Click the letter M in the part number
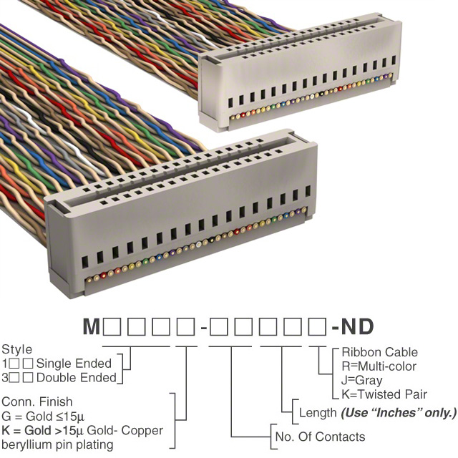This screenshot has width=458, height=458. pyautogui.click(x=92, y=326)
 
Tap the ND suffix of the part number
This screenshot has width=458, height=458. pyautogui.click(x=357, y=326)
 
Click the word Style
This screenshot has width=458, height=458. pyautogui.click(x=16, y=350)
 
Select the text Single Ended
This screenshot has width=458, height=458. pyautogui.click(x=74, y=364)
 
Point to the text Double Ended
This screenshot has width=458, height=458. pyautogui.click(x=77, y=378)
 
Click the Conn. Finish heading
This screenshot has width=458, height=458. pyautogui.click(x=36, y=401)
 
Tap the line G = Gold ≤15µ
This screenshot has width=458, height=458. pyautogui.click(x=43, y=416)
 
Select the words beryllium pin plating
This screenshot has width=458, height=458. pyautogui.click(x=57, y=445)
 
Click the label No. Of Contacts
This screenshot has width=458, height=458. pyautogui.click(x=320, y=437)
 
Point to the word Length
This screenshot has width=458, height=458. pyautogui.click(x=318, y=413)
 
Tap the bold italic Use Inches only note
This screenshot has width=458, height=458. pyautogui.click(x=399, y=413)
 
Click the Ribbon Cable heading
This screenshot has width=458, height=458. pyautogui.click(x=380, y=352)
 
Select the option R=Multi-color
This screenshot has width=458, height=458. pyautogui.click(x=379, y=366)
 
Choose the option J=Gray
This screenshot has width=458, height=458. pyautogui.click(x=362, y=381)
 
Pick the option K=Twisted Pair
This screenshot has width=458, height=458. pyautogui.click(x=384, y=394)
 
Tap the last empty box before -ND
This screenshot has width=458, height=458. pyautogui.click(x=318, y=326)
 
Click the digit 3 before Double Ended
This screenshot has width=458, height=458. pyautogui.click(x=5, y=378)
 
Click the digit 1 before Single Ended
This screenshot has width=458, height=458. pyautogui.click(x=5, y=364)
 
